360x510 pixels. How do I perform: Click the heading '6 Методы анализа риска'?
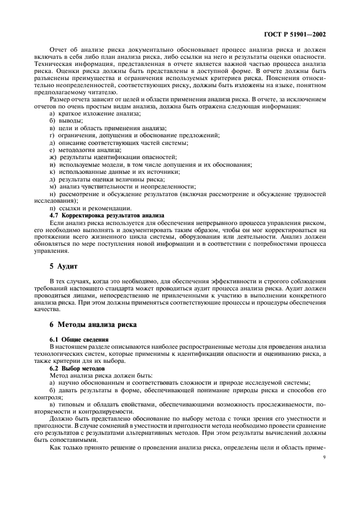point(91,325)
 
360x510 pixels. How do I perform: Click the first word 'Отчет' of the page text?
point(59,49)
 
